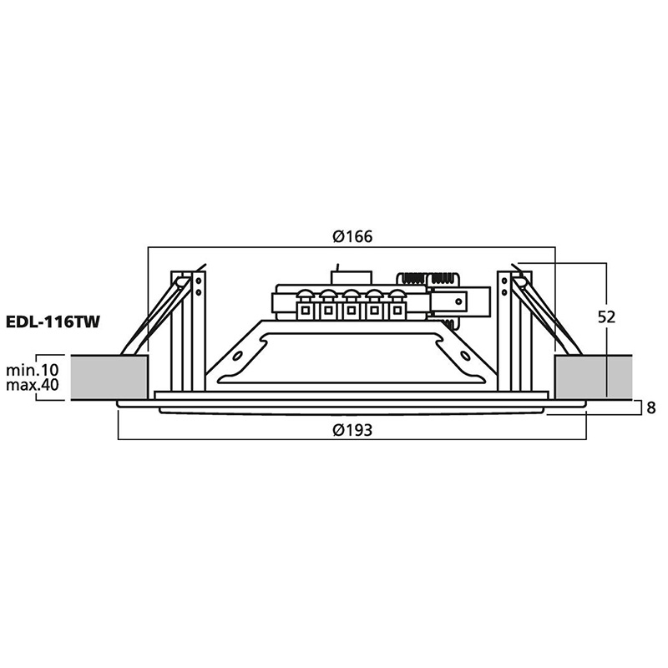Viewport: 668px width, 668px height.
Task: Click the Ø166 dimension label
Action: point(352,236)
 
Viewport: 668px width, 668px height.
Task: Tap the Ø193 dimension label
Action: point(352,430)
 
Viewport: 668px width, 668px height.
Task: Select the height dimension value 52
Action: point(607,317)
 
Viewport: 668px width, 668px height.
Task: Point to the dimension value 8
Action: point(651,407)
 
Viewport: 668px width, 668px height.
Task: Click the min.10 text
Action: point(33,369)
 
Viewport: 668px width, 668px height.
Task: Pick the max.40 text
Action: point(33,385)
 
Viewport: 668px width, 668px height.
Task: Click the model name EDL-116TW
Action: point(53,321)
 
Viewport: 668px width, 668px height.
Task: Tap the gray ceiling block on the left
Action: point(109,377)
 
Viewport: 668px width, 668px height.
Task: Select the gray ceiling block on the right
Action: point(593,377)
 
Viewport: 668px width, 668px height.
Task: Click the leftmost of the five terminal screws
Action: point(305,295)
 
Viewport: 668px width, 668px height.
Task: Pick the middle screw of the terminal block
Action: point(351,295)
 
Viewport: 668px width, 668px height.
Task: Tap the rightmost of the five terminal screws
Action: point(397,295)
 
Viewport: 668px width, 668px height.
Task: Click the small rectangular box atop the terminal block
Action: point(352,278)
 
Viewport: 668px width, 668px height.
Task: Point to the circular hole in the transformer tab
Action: point(458,302)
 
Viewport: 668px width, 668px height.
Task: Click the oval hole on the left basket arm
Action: point(238,356)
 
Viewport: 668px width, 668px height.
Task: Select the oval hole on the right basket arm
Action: point(465,356)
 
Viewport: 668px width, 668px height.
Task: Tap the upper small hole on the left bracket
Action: point(198,281)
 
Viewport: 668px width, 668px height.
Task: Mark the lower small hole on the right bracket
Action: point(504,292)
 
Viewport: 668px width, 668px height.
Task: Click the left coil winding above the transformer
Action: point(412,280)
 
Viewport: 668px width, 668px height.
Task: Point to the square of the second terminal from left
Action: point(328,310)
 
